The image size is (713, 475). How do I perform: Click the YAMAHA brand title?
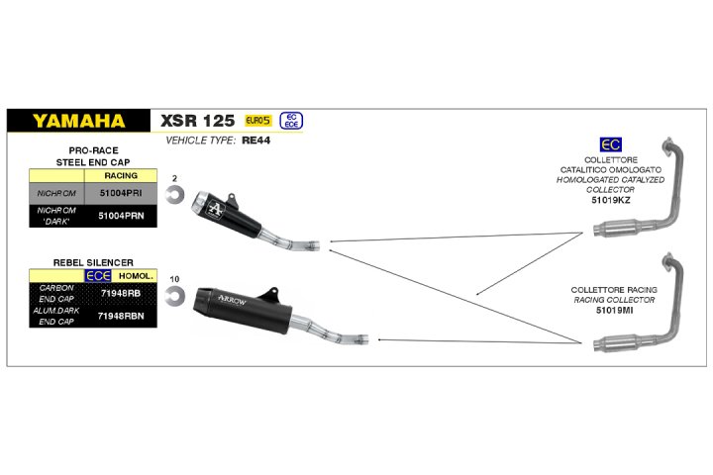click(x=78, y=121)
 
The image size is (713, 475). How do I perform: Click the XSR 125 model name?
click(x=197, y=121)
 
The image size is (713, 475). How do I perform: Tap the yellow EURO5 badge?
click(x=258, y=121)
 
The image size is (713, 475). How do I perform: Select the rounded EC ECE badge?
click(x=291, y=121)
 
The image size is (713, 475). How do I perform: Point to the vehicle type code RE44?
click(x=256, y=141)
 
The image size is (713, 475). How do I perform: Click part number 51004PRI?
click(x=121, y=193)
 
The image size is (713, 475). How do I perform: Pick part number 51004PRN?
click(x=121, y=216)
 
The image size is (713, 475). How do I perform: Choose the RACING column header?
click(x=121, y=175)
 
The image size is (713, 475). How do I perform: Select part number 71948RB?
click(x=121, y=293)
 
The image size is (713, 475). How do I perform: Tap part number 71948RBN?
click(x=121, y=316)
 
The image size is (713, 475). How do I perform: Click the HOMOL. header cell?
click(x=136, y=276)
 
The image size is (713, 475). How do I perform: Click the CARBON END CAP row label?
click(x=56, y=293)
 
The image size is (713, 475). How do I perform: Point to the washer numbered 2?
click(x=174, y=194)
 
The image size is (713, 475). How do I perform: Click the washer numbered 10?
click(x=175, y=296)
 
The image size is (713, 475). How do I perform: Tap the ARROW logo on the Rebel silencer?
click(x=232, y=300)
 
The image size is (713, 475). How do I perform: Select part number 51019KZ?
click(x=611, y=200)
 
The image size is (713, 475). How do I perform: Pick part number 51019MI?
click(x=614, y=311)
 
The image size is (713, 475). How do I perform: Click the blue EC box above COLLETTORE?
click(x=610, y=145)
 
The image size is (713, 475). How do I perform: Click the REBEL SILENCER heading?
click(x=93, y=262)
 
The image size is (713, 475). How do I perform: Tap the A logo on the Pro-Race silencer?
click(x=215, y=209)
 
